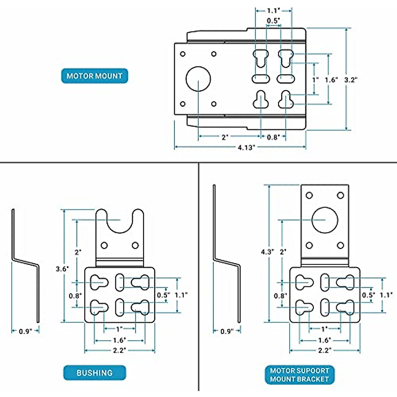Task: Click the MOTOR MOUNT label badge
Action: [95, 76]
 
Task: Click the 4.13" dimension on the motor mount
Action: [246, 148]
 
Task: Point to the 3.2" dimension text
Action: [351, 80]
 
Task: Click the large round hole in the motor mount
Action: [198, 79]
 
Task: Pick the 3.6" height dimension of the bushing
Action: [62, 269]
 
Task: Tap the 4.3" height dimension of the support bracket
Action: [267, 252]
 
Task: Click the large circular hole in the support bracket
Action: [325, 220]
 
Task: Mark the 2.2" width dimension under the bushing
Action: [119, 350]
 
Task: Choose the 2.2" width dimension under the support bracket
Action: [325, 350]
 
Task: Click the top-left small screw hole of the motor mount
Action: [183, 54]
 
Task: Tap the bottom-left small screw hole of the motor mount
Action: [183, 104]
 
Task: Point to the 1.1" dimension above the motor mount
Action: [273, 11]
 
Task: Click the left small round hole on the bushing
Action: [104, 245]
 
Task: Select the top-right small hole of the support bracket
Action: [340, 195]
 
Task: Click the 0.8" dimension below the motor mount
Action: [273, 137]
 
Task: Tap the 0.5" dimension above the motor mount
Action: [273, 21]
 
